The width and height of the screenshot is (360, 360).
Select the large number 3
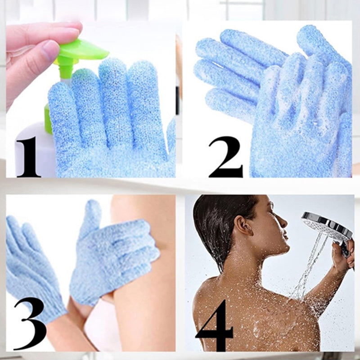click(x=29, y=322)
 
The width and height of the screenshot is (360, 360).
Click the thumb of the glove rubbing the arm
click(x=92, y=216)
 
